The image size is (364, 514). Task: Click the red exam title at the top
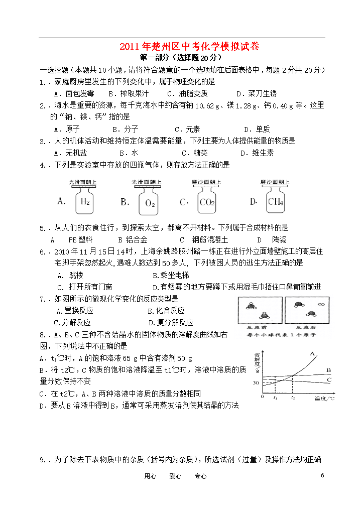coord(189,47)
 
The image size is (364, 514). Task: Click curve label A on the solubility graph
coord(312,354)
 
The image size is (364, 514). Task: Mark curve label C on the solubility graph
coord(329,380)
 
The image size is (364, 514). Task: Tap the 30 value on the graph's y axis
coord(256,383)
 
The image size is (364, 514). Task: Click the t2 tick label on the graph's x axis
coord(293,398)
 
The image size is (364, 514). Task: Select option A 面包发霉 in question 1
coord(73,93)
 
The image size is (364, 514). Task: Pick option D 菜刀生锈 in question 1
coord(256,93)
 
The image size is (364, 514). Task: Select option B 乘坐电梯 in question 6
coord(171,275)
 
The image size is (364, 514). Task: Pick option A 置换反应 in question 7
coord(74,311)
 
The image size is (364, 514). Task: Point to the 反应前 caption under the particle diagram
coord(258,327)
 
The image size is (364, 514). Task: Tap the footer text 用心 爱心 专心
coord(175,476)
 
